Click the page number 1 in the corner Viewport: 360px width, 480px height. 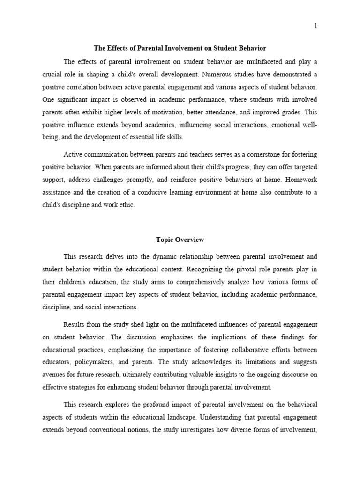[x=316, y=26]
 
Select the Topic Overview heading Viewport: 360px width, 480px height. [x=180, y=240]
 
